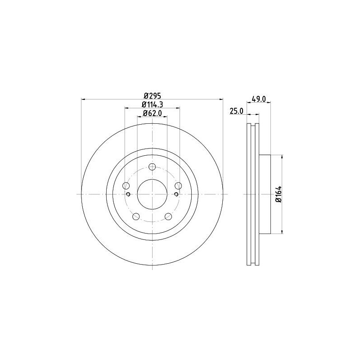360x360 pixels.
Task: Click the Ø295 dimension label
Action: pyautogui.click(x=152, y=95)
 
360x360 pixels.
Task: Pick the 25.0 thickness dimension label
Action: pyautogui.click(x=237, y=111)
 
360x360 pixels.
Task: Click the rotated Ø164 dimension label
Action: pyautogui.click(x=279, y=194)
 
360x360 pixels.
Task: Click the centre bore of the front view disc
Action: pyautogui.click(x=152, y=194)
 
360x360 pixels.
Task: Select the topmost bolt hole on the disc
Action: pyautogui.click(x=152, y=168)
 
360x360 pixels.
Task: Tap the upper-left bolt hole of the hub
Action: pyautogui.click(x=126, y=186)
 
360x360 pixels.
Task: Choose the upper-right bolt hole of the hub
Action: pyautogui.click(x=178, y=186)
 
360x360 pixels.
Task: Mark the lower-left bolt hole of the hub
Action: pyautogui.click(x=136, y=216)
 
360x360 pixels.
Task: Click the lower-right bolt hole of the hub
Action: pyautogui.click(x=168, y=216)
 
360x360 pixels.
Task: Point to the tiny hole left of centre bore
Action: pyautogui.click(x=129, y=194)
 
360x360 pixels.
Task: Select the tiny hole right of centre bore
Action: pyautogui.click(x=175, y=194)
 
